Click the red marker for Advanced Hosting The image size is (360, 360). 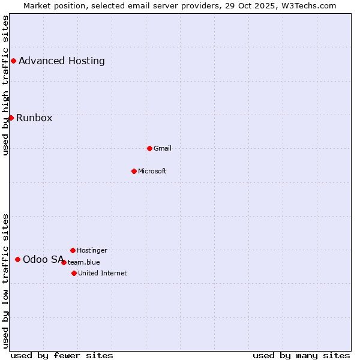(x=13, y=61)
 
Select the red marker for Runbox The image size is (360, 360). (x=11, y=118)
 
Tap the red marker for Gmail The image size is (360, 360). (x=149, y=148)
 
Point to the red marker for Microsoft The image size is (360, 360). (x=134, y=171)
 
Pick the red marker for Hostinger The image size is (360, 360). (x=73, y=250)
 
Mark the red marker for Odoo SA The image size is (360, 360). (x=17, y=259)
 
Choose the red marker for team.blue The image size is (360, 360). (x=64, y=262)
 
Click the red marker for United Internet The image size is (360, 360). (x=74, y=273)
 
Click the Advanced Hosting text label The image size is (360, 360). (x=62, y=61)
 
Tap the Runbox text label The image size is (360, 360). (x=34, y=118)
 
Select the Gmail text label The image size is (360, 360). (x=163, y=148)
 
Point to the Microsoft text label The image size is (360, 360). (x=152, y=171)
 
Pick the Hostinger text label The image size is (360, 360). (x=92, y=250)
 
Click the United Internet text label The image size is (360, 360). (x=103, y=273)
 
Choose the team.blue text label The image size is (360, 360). (x=84, y=262)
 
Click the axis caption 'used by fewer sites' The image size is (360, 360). (x=62, y=355)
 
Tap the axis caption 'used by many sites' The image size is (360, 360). (x=301, y=355)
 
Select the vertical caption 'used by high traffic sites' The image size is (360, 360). (x=5, y=85)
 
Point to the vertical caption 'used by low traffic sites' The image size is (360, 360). (x=5, y=280)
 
